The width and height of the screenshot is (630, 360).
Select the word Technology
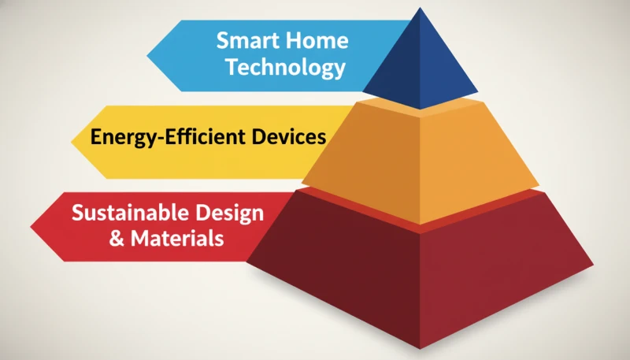tap(286, 68)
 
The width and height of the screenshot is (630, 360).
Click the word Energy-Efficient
tap(168, 137)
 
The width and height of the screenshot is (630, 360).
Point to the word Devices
tap(288, 136)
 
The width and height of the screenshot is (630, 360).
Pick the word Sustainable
tap(124, 212)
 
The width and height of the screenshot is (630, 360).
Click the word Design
tap(224, 213)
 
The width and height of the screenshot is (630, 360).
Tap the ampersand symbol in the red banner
tap(117, 238)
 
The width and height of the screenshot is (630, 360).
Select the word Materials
tap(176, 238)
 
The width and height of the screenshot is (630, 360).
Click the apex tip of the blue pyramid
tap(421, 8)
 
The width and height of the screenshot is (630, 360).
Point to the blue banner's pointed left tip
tap(147, 56)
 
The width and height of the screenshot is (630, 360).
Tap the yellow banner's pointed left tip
tap(72, 142)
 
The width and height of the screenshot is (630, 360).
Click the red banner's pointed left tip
tap(31, 227)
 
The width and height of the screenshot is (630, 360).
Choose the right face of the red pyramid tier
tap(498, 269)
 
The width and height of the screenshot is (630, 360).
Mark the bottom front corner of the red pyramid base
tap(421, 348)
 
